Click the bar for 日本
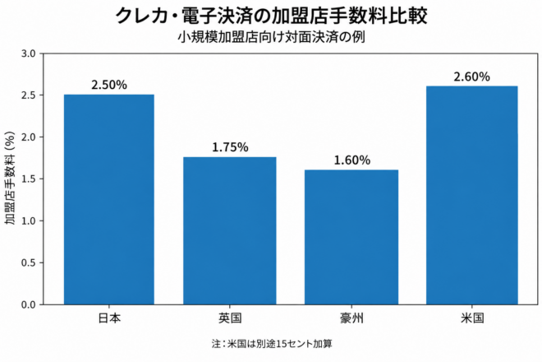click(x=109, y=200)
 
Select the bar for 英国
click(x=230, y=231)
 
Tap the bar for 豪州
click(x=351, y=237)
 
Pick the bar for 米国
click(x=472, y=195)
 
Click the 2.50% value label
click(x=109, y=85)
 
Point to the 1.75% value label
click(x=230, y=147)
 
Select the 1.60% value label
click(x=351, y=160)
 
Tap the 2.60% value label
click(x=472, y=77)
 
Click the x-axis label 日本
click(x=109, y=318)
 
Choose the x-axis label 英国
click(x=230, y=318)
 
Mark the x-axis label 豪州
click(x=351, y=318)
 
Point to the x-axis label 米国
click(x=472, y=318)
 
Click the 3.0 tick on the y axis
click(x=29, y=53)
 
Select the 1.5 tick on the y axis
click(x=29, y=179)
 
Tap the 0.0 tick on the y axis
click(x=29, y=305)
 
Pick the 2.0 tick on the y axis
click(x=29, y=137)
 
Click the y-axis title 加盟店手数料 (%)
click(x=11, y=178)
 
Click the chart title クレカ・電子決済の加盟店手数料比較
click(x=271, y=16)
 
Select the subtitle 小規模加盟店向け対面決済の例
click(x=271, y=37)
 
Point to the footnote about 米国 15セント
click(x=272, y=344)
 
